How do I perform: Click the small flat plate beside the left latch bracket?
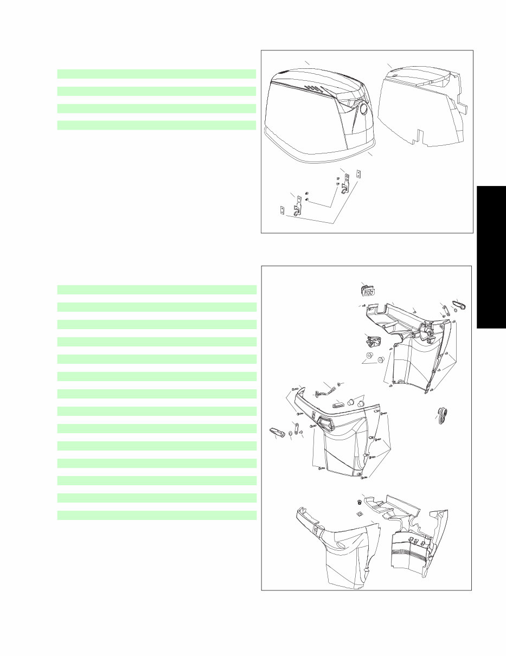281,210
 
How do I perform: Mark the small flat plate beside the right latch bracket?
358,175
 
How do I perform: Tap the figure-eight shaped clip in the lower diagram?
443,415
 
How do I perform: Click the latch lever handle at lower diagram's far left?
277,432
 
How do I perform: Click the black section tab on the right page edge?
491,257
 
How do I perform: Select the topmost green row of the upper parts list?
156,74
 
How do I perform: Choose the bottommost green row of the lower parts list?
156,515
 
